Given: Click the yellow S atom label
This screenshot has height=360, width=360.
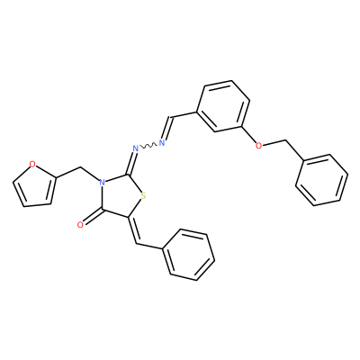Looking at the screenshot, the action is click(143, 197).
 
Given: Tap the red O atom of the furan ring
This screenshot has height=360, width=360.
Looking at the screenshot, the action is click(32, 164).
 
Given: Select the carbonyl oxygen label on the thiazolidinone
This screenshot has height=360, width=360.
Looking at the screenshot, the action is click(80, 225).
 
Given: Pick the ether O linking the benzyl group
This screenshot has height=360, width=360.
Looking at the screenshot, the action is click(258, 146).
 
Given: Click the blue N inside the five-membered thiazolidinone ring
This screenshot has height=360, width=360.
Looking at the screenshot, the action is click(103, 182).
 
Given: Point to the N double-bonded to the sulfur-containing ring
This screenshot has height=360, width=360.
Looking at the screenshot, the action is click(135, 148).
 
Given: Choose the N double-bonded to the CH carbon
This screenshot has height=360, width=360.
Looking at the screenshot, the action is click(162, 142).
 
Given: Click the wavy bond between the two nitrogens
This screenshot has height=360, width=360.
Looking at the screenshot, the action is click(148, 146).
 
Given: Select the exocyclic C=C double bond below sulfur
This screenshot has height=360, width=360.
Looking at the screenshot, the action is click(133, 230).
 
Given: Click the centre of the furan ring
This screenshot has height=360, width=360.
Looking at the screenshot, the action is click(34, 186).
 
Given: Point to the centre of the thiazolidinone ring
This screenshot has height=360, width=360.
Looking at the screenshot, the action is click(121, 195).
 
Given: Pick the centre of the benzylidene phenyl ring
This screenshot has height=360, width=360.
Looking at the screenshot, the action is click(188, 255).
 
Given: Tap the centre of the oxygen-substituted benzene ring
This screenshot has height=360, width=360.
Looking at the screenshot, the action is click(223, 106).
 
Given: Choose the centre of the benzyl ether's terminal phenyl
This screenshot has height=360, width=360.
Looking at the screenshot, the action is click(321, 180).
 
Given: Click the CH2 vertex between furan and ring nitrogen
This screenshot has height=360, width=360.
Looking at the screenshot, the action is click(80, 167).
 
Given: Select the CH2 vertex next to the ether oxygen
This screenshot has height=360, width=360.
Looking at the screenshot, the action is click(285, 140).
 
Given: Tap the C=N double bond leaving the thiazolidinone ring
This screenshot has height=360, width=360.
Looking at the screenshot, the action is click(131, 163).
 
